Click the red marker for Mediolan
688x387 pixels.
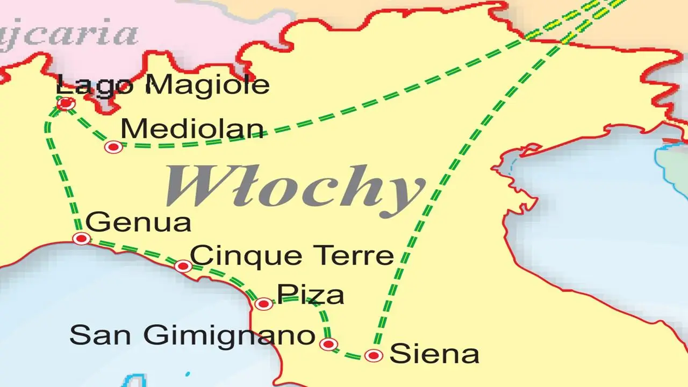[x=113, y=147]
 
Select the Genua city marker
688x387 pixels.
[x=82, y=238]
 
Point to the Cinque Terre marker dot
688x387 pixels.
[x=183, y=266]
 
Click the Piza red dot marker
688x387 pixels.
[x=263, y=304]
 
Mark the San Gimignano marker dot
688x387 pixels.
[x=328, y=344]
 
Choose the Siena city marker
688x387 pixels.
[x=374, y=355]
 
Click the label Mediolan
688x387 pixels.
[x=192, y=129]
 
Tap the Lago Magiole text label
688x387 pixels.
[x=162, y=85]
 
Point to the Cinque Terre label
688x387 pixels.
[x=292, y=255]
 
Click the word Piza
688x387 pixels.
[x=310, y=295]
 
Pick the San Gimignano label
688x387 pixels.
[x=192, y=336]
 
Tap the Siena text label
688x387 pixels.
[x=434, y=354]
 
